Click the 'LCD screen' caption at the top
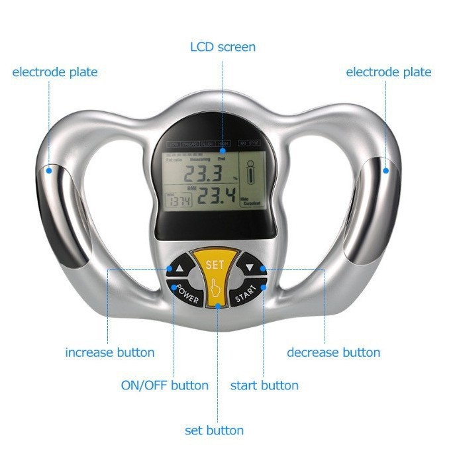pyautogui.click(x=223, y=47)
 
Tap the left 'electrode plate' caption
pyautogui.click(x=55, y=72)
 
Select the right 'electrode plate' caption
pyautogui.click(x=389, y=72)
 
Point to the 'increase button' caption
pyautogui.click(x=109, y=352)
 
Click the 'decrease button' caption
pyautogui.click(x=333, y=352)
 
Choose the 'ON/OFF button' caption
pyautogui.click(x=164, y=385)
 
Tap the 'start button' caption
pyautogui.click(x=264, y=385)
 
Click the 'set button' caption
pyautogui.click(x=214, y=430)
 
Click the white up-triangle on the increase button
pyautogui.click(x=179, y=269)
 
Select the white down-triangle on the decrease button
pyautogui.click(x=250, y=269)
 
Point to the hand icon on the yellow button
pyautogui.click(x=215, y=289)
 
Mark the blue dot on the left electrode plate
pyautogui.click(x=50, y=170)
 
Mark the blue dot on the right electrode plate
pyautogui.click(x=386, y=171)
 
